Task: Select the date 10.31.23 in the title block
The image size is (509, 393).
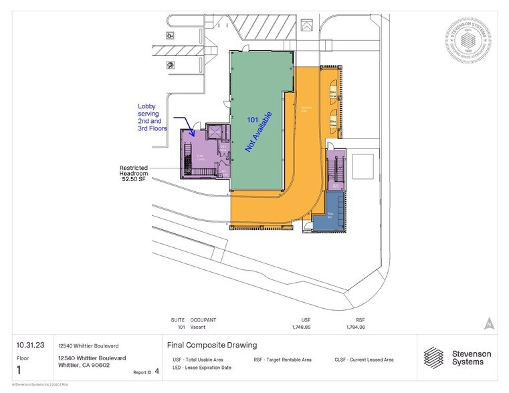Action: coord(30,346)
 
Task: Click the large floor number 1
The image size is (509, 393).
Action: coord(20,370)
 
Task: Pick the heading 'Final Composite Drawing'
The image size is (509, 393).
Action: coord(211,346)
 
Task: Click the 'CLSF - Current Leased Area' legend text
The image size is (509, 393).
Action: coord(364,360)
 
